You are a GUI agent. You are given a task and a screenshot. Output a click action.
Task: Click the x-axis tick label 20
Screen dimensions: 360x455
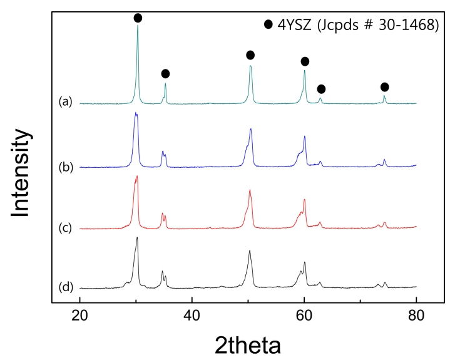coord(80,317)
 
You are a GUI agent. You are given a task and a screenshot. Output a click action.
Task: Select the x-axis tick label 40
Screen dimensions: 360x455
coord(192,317)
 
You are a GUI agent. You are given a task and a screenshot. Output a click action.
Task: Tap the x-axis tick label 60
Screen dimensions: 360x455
coord(304,317)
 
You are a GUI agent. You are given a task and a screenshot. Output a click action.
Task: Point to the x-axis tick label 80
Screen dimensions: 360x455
coord(416,317)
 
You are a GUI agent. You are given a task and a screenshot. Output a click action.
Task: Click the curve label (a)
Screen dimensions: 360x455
coord(65,101)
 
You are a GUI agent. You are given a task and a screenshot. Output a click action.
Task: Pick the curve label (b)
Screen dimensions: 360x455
coord(65,167)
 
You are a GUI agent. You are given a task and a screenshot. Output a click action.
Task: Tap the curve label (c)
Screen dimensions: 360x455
coord(65,227)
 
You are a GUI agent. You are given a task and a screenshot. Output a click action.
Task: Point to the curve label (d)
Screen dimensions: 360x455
coord(65,287)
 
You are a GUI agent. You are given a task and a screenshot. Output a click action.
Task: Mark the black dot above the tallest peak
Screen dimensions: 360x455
coord(138,18)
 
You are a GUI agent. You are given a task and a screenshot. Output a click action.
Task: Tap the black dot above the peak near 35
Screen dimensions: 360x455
coord(165,74)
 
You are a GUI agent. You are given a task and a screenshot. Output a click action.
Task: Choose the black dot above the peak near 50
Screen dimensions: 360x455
coord(250,55)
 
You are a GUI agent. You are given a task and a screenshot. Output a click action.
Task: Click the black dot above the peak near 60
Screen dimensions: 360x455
coord(305,61)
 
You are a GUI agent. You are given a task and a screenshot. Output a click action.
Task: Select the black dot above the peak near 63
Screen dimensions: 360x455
coord(321,89)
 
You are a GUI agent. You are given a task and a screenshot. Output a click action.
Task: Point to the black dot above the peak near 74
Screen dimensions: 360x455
coord(384,86)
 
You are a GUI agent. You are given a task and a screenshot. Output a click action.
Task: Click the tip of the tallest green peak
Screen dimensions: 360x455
coord(138,26)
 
